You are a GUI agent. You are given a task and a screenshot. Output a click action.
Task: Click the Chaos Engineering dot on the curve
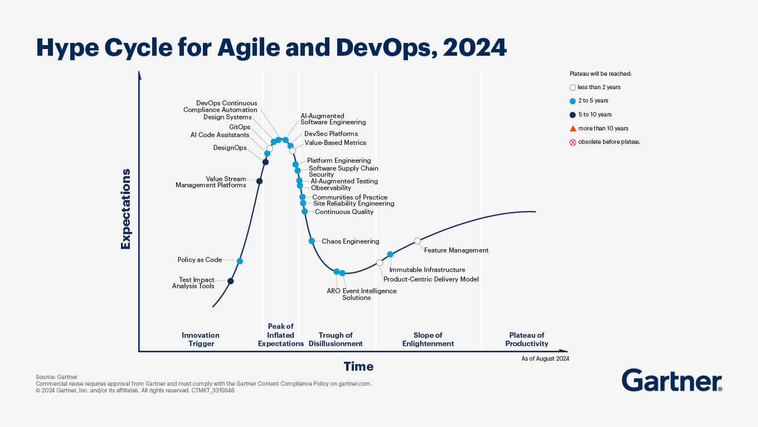coord(312,241)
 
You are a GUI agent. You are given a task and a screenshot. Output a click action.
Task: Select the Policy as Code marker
coord(240,261)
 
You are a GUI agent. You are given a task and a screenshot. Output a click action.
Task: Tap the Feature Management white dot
coord(417,241)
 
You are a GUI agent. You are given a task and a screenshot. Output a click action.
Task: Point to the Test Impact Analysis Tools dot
coord(230,281)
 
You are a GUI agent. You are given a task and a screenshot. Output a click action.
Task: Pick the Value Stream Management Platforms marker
coord(259,181)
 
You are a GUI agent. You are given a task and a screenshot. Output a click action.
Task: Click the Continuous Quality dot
coord(304,211)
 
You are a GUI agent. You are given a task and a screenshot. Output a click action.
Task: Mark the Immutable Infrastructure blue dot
coord(390,254)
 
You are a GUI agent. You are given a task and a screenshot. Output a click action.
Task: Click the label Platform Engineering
coord(339,161)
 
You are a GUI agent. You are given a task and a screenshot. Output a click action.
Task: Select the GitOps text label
coord(240,127)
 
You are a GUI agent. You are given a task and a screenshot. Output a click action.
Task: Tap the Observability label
coord(331,188)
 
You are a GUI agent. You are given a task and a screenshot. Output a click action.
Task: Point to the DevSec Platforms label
coord(331,134)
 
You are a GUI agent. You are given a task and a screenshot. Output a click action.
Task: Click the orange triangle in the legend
coord(572,129)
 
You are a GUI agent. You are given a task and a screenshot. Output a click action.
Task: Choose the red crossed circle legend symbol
coord(572,143)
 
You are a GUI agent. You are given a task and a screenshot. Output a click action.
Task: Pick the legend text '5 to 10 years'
coord(595,114)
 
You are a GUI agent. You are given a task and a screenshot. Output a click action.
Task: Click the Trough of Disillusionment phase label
coord(336,339)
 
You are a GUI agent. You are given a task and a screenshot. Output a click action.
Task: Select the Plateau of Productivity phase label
coord(527,339)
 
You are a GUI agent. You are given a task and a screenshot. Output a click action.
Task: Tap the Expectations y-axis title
coord(125,209)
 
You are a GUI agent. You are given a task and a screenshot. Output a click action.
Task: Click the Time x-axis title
coord(358,366)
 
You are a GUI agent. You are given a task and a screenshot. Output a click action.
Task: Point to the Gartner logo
coord(672,380)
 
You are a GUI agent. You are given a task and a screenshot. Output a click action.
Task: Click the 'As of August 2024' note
coord(545,358)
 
